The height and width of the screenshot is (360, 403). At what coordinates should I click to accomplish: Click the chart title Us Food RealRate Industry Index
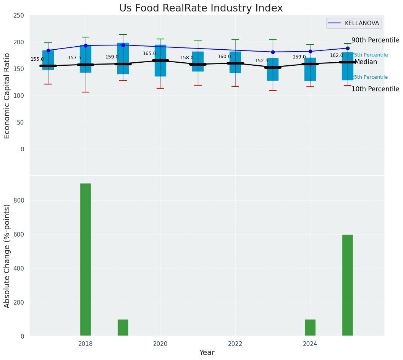click(x=201, y=8)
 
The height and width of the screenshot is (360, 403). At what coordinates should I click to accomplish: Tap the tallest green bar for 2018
click(x=86, y=259)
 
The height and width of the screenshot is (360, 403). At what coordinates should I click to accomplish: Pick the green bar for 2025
click(x=348, y=285)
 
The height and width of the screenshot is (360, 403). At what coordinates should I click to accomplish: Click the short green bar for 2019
click(x=123, y=328)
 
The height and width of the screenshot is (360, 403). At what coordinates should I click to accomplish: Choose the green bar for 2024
click(x=310, y=328)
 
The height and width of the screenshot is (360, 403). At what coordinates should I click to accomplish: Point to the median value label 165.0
click(x=149, y=54)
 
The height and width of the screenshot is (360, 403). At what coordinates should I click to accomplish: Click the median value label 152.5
click(x=262, y=61)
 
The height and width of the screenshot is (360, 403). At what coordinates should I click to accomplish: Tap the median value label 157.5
click(x=74, y=58)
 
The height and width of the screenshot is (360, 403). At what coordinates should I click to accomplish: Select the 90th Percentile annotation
click(x=375, y=41)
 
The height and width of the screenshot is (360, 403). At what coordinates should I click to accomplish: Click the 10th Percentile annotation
click(x=375, y=89)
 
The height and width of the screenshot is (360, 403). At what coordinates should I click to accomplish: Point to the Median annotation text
click(x=366, y=62)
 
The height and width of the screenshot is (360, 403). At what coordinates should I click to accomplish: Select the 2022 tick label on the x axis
click(x=235, y=344)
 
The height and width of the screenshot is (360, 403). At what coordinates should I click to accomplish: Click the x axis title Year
click(x=207, y=353)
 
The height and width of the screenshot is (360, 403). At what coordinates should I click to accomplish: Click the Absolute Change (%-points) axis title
click(x=7, y=256)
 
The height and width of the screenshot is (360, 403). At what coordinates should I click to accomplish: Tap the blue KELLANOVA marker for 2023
click(x=273, y=52)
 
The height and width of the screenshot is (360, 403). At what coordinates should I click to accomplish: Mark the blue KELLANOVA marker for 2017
click(x=48, y=50)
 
